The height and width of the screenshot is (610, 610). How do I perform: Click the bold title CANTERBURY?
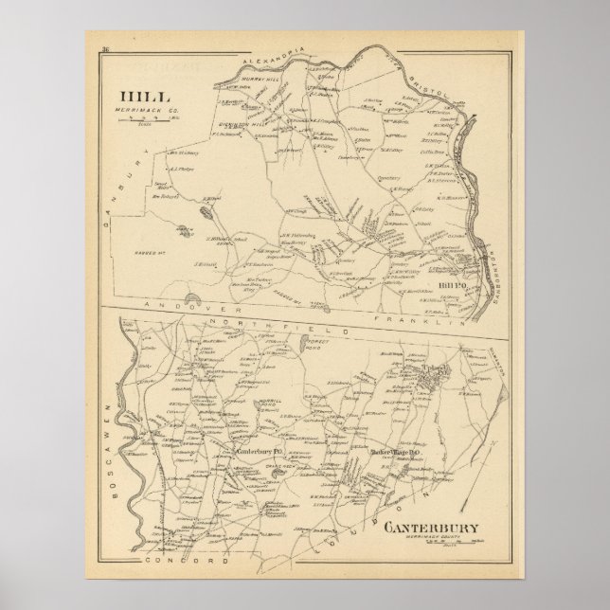(x=437, y=528)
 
